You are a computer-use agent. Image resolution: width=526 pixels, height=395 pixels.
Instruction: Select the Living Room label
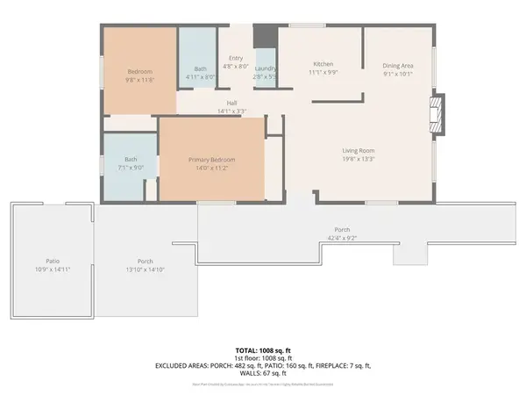[x=359, y=151]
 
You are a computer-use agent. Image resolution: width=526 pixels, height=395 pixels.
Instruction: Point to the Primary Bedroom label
[x=210, y=160]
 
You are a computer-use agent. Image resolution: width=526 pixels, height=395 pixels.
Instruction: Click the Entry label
[x=236, y=59]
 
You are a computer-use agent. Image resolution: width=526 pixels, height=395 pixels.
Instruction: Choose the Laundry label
[x=267, y=68]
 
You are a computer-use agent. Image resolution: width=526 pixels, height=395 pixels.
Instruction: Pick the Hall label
[x=232, y=102]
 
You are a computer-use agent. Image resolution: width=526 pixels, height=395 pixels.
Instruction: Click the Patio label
[x=53, y=261]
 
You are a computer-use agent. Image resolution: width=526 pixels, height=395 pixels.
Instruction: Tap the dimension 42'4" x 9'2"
[x=342, y=238]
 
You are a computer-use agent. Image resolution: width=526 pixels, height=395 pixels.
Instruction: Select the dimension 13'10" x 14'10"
[x=146, y=269]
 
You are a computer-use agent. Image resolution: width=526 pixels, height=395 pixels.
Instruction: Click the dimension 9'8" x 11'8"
[x=140, y=80]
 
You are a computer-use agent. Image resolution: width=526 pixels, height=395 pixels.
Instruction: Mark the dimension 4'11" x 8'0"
[x=201, y=77]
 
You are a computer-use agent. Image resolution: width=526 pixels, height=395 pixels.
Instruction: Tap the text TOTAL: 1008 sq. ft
[x=262, y=349]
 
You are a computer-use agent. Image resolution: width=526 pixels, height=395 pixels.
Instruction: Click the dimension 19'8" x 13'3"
[x=359, y=160]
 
